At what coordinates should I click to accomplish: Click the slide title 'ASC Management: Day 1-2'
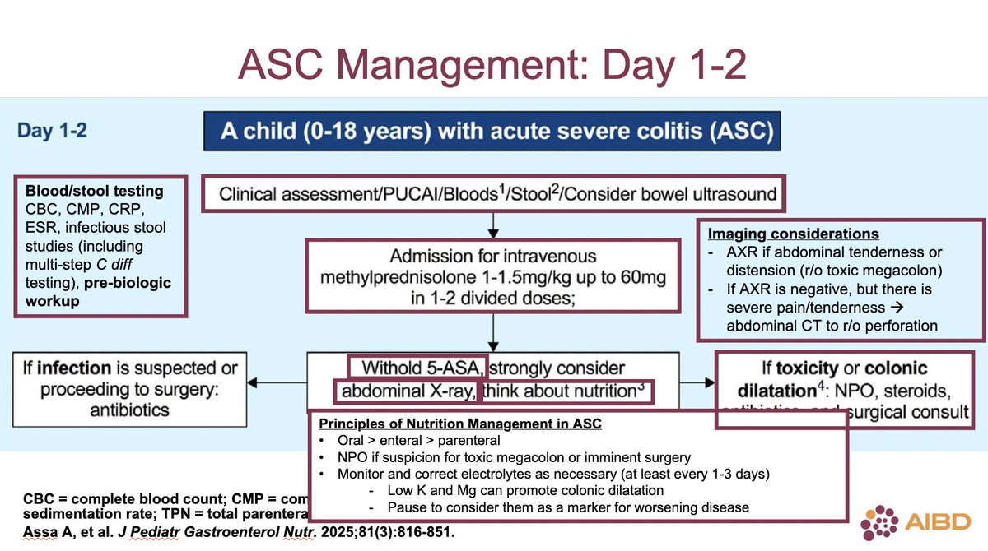click(x=492, y=65)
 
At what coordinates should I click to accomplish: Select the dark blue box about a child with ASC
click(x=491, y=132)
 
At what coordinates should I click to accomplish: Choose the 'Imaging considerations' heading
click(x=794, y=234)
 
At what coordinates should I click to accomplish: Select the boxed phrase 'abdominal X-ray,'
click(x=405, y=391)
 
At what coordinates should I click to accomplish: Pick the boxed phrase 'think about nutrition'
click(x=564, y=391)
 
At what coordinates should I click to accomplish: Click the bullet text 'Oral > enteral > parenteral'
click(x=420, y=440)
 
